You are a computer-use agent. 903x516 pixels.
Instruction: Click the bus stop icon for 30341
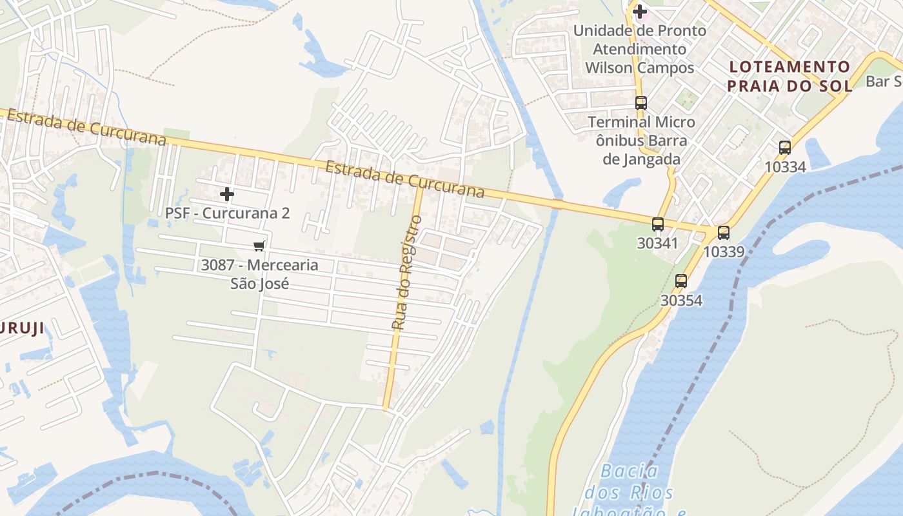[657, 224]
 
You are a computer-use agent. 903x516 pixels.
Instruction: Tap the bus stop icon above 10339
[724, 233]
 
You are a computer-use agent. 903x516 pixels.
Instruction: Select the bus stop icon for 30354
[681, 281]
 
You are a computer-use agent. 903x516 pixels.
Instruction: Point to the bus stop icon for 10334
[784, 148]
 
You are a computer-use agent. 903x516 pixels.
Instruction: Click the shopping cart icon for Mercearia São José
[259, 246]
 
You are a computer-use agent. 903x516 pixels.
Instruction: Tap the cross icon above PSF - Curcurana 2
[227, 193]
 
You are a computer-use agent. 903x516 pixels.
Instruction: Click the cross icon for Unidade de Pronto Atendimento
[639, 11]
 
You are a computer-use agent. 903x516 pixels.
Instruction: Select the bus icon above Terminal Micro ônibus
[640, 103]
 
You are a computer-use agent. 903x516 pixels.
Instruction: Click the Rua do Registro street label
[407, 273]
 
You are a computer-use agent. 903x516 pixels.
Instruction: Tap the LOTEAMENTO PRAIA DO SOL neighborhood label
[789, 76]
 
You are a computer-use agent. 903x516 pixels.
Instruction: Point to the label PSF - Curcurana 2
[227, 213]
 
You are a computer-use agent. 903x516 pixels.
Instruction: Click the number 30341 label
[657, 243]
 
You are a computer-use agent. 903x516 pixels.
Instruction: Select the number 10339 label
[724, 252]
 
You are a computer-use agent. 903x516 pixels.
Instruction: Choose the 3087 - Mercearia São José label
[259, 273]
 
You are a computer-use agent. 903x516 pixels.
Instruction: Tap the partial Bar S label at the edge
[883, 81]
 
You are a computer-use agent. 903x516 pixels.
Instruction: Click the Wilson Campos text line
[639, 68]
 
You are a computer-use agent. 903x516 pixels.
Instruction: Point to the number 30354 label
[681, 301]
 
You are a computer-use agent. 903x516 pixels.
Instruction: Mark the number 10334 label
[784, 167]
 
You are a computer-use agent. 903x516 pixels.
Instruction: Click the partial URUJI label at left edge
[22, 328]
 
